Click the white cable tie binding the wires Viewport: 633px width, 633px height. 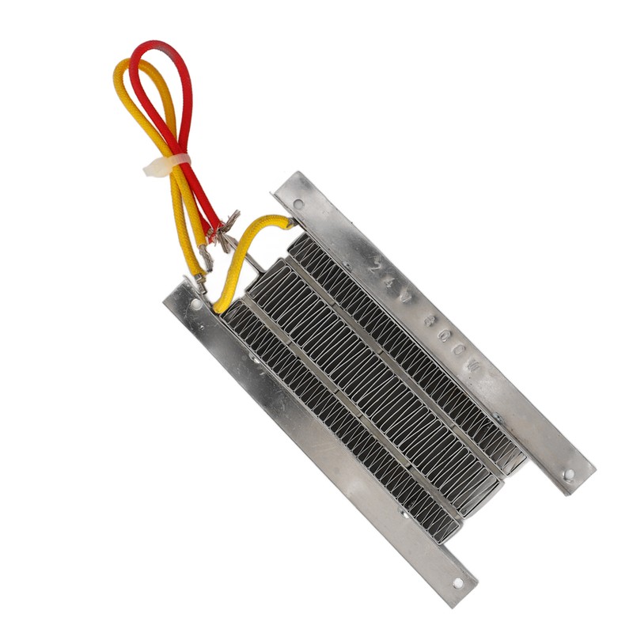168,165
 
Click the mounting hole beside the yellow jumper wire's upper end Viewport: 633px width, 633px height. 298,205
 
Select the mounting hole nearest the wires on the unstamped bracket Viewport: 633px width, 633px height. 195,304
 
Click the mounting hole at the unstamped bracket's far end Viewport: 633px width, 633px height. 457,583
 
